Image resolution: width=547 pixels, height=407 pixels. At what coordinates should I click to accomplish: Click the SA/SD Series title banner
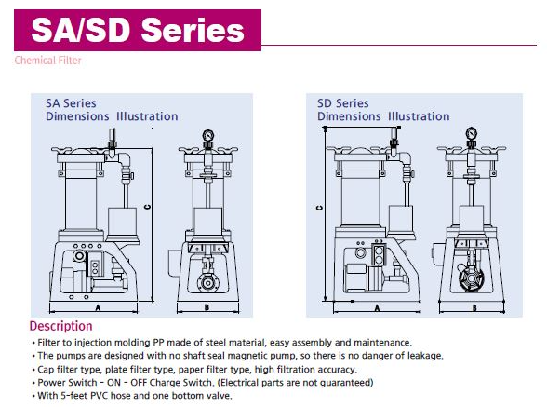[138, 30]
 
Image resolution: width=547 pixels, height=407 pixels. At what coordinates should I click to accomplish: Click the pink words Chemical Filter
[47, 61]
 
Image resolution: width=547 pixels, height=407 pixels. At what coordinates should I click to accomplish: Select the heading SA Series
[71, 103]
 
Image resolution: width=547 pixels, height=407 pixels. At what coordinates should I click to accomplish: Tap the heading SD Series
[343, 103]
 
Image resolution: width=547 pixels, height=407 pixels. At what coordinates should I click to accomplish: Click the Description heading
[60, 326]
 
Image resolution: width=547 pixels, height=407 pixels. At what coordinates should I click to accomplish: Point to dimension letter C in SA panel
[147, 207]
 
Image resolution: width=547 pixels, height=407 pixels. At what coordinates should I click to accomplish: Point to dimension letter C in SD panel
[319, 208]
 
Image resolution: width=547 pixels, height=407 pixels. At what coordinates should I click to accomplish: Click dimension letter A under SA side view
[98, 307]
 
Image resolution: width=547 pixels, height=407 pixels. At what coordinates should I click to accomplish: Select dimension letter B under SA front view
[207, 307]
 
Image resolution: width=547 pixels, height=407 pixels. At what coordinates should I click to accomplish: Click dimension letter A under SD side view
[377, 307]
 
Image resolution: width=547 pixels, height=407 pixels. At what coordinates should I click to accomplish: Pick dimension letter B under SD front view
[474, 307]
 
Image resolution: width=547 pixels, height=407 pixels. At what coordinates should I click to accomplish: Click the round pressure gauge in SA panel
[208, 136]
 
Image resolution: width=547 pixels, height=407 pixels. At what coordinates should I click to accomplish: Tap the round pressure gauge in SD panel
[472, 133]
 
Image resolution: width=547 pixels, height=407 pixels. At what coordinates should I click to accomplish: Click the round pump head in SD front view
[472, 278]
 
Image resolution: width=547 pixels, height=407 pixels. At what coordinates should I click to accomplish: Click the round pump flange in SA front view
[207, 283]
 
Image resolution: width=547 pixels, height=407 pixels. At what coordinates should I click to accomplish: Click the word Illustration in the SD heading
[419, 116]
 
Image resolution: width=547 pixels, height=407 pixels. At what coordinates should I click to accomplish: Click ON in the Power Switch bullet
[113, 383]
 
